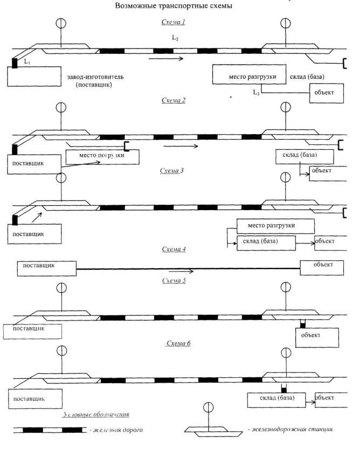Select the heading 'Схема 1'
tap(173, 22)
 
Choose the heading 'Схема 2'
tap(173, 100)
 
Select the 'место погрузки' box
tap(102, 156)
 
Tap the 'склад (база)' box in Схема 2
tap(304, 156)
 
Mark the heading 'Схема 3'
tap(172, 171)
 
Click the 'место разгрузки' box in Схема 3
tap(275, 225)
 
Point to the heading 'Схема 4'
tap(174, 249)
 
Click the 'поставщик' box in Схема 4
tap(46, 266)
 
